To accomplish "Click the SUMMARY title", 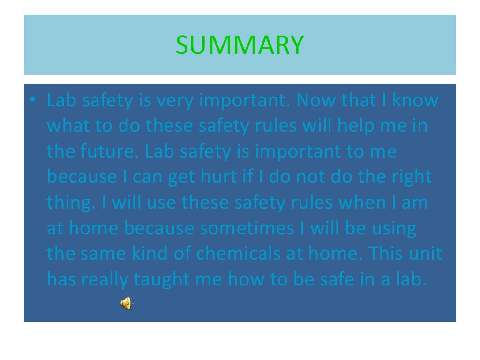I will [240, 45].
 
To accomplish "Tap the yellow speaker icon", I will [127, 304].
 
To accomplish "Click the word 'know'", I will [415, 101].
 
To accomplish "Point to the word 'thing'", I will [67, 203].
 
